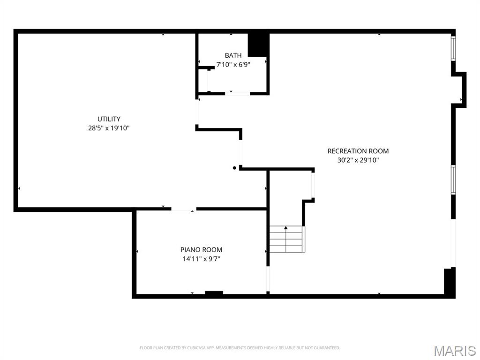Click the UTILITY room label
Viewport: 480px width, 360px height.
click(109, 119)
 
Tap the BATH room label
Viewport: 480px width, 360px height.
click(233, 55)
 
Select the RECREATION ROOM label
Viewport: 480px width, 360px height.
click(358, 151)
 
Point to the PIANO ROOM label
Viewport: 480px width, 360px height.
click(201, 250)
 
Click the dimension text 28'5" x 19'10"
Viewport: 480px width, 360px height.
click(109, 127)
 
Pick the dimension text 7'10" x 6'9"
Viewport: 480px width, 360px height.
click(233, 64)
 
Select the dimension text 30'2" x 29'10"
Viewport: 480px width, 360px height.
click(358, 160)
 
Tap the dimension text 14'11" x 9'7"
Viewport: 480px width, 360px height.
click(201, 258)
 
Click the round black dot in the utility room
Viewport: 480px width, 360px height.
click(235, 168)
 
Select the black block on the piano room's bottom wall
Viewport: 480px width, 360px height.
click(214, 293)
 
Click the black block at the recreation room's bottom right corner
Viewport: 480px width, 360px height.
click(450, 282)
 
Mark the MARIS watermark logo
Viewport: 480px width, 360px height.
click(455, 350)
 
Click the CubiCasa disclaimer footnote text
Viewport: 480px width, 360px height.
click(240, 348)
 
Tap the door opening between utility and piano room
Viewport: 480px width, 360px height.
click(183, 209)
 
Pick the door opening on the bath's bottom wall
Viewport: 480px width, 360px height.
click(237, 94)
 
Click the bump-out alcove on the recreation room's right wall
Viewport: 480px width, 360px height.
click(461, 90)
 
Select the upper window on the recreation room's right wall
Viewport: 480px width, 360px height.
click(453, 48)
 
